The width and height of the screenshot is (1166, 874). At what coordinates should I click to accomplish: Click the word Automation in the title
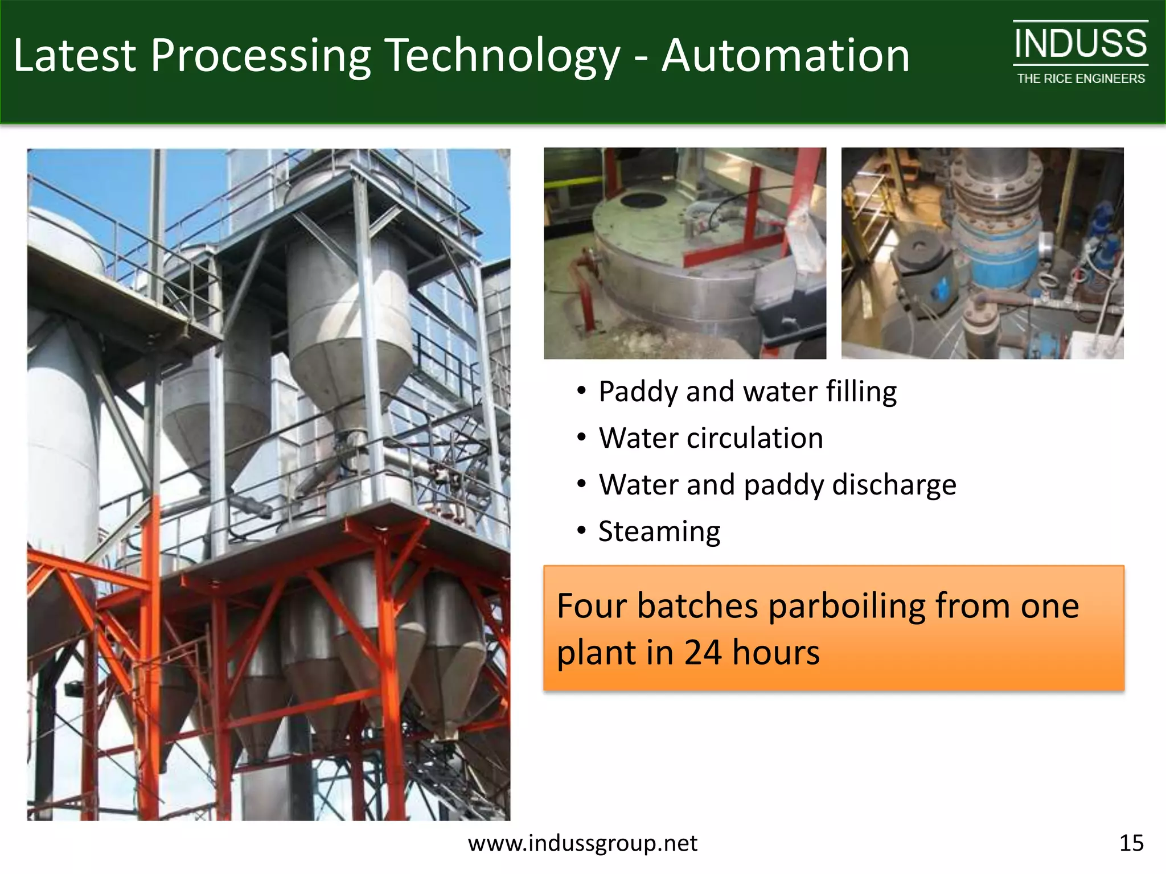(785, 56)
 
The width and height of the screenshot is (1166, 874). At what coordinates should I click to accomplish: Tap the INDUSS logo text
(1080, 44)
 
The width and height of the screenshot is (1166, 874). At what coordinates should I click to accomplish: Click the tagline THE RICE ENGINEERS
(1081, 79)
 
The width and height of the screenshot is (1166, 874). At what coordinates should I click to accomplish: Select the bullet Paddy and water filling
(747, 391)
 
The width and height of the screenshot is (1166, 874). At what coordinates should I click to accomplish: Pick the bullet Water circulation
(711, 438)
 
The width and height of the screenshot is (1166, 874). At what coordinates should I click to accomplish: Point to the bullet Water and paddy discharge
(777, 485)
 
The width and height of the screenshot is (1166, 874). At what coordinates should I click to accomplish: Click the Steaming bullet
(659, 531)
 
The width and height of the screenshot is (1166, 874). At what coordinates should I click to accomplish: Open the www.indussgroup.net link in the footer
(582, 843)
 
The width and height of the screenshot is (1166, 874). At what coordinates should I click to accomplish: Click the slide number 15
(1131, 843)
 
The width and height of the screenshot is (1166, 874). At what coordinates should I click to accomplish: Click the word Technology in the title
(502, 56)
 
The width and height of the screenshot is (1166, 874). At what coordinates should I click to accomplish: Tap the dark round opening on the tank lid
(643, 200)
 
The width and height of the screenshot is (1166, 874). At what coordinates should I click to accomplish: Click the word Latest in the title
(75, 56)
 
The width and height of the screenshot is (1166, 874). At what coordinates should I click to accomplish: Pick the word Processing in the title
(260, 56)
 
